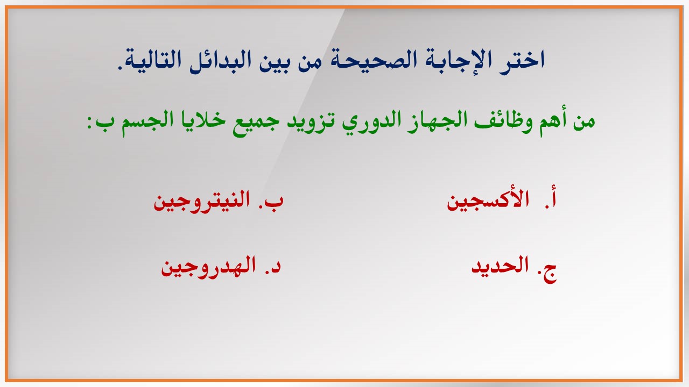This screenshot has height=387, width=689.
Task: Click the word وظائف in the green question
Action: (505, 120)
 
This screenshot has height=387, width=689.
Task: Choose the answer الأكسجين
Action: (488, 201)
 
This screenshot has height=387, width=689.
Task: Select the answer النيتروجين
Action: (202, 201)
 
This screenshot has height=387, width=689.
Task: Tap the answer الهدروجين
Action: (208, 267)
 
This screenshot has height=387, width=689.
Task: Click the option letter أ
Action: (552, 199)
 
